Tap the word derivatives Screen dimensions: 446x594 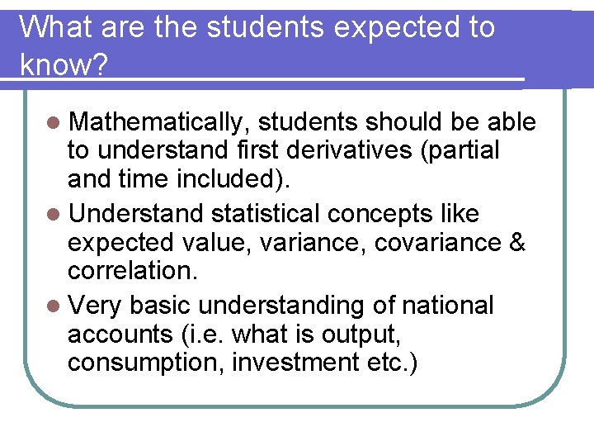[x=373, y=152]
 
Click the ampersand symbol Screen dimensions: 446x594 [x=516, y=244]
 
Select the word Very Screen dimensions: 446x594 [x=96, y=306]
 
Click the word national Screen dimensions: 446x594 [x=447, y=306]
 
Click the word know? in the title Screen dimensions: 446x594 [x=63, y=64]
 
